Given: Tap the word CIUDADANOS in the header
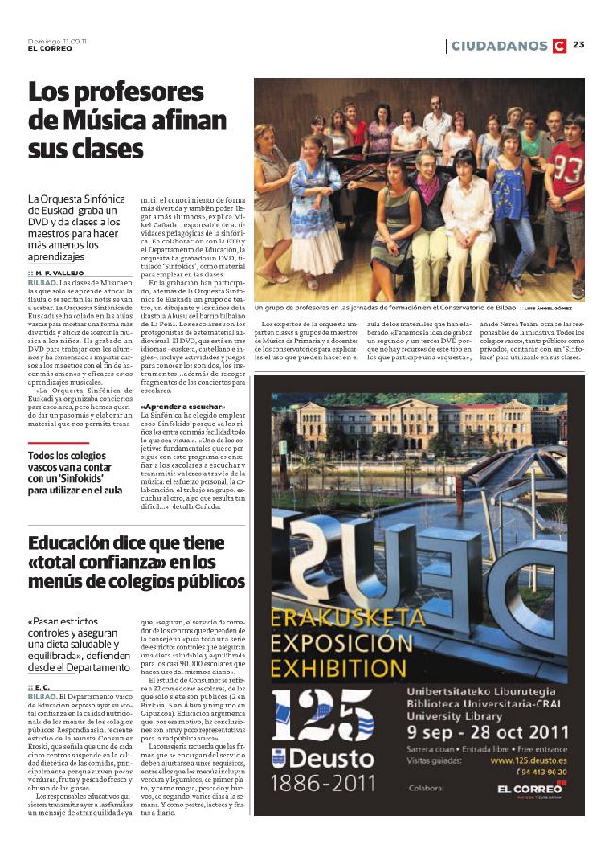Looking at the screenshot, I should (498, 45).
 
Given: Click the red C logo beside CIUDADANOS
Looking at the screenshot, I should (558, 45).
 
